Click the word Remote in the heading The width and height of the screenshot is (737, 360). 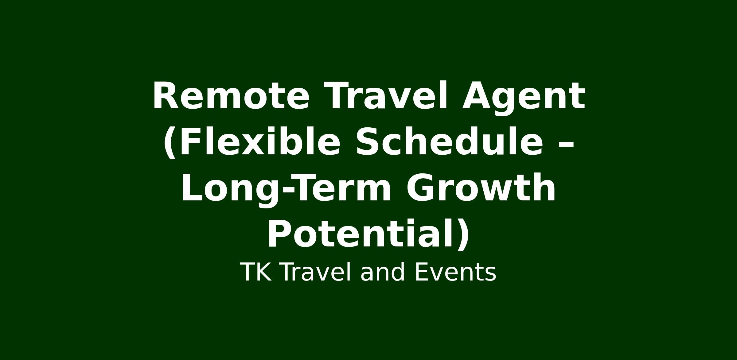(231, 95)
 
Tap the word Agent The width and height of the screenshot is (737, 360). (524, 98)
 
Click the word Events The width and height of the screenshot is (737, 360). (455, 272)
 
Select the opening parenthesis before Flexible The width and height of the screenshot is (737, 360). (170, 143)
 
